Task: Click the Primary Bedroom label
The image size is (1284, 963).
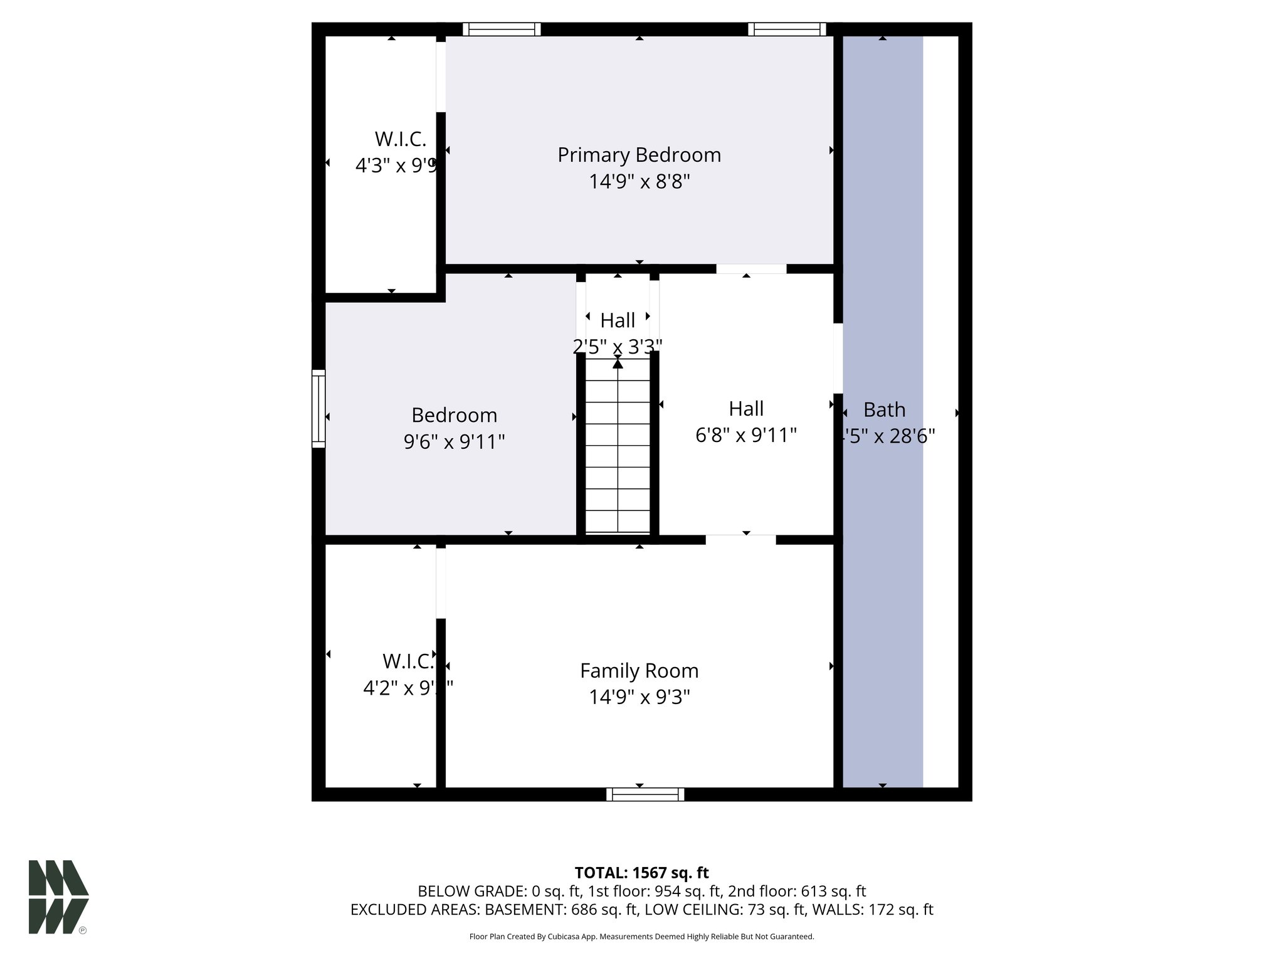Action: pyautogui.click(x=639, y=155)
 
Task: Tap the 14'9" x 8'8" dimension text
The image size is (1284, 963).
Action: pyautogui.click(x=639, y=182)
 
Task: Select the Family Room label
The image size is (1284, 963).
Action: pyautogui.click(x=639, y=671)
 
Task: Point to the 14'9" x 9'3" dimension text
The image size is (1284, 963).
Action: pyautogui.click(x=639, y=697)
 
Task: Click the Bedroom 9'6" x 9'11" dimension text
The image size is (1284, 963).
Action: pyautogui.click(x=454, y=442)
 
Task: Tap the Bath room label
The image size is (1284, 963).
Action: pyautogui.click(x=884, y=410)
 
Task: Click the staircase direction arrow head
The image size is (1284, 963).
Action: pyautogui.click(x=618, y=363)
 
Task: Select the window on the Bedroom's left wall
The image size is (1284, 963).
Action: pyautogui.click(x=318, y=409)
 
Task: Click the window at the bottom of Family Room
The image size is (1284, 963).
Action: pyautogui.click(x=645, y=794)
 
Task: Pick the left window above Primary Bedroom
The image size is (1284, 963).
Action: pyautogui.click(x=502, y=29)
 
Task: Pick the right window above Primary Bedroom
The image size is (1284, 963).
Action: pyautogui.click(x=787, y=29)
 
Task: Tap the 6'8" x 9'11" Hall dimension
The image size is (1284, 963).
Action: pyautogui.click(x=746, y=435)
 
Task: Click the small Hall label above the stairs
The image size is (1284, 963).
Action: pyautogui.click(x=618, y=320)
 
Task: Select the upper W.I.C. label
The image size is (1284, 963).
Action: pyautogui.click(x=400, y=139)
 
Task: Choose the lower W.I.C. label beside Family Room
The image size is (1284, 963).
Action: pyautogui.click(x=408, y=661)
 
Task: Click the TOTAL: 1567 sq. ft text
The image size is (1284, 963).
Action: pyautogui.click(x=641, y=873)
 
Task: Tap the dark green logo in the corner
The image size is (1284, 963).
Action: pyautogui.click(x=58, y=897)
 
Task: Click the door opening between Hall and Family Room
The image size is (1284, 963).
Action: pyautogui.click(x=740, y=540)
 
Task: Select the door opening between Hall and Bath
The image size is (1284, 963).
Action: pyautogui.click(x=838, y=358)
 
